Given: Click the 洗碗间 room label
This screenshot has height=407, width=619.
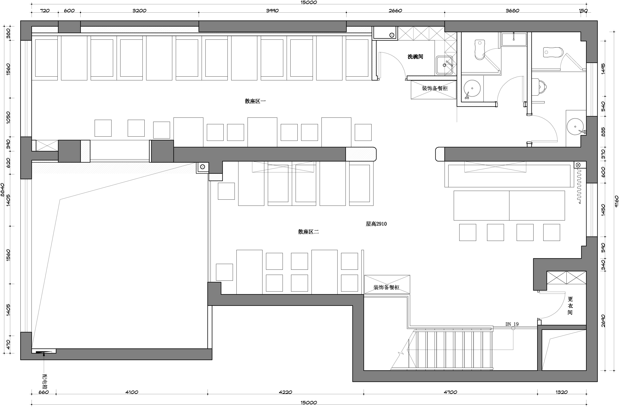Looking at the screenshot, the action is tap(415, 57).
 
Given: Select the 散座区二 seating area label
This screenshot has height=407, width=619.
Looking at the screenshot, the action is tap(308, 232).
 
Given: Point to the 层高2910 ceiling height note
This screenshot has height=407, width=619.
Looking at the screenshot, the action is tap(376, 224).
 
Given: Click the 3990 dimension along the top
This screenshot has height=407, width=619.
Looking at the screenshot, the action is tap(272, 11).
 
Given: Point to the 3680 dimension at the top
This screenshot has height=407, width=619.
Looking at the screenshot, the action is tap(512, 11).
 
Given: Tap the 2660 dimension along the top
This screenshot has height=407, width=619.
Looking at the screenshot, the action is tap(395, 11).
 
